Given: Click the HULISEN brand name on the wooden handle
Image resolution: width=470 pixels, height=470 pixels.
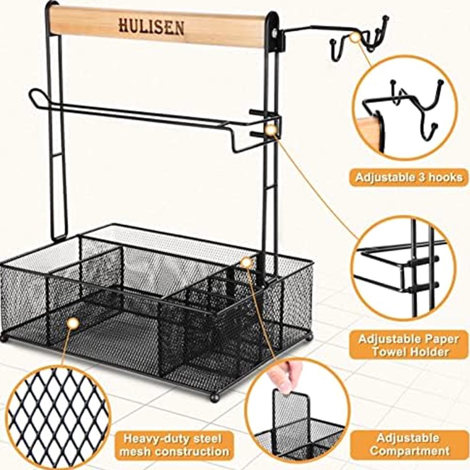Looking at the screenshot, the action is pos(151,26).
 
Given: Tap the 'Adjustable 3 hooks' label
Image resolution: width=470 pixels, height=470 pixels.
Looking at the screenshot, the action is pos(409,178).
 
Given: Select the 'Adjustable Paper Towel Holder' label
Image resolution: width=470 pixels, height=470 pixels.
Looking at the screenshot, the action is pos(409,345).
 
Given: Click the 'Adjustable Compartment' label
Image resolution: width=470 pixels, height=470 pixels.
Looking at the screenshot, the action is pos(409,445).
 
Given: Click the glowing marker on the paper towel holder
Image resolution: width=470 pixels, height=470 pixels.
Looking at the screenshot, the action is pos(272,130).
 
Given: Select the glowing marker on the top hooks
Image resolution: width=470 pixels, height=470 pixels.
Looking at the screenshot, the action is pos(355,37).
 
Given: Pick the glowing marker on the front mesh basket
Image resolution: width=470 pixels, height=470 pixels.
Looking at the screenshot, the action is pos(73,323).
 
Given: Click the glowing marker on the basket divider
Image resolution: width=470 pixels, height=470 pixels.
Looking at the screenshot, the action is pos(246,263).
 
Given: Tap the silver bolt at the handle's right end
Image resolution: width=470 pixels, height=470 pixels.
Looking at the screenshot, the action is pos(274,33).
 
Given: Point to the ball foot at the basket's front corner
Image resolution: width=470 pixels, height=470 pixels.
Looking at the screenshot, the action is pos(214,398).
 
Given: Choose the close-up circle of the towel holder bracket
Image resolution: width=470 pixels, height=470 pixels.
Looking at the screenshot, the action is pos(403,268).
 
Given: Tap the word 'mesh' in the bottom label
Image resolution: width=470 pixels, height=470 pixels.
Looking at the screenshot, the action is pos(134,451).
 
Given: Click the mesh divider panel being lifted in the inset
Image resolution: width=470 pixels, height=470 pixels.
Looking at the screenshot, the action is pos(291,414).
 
